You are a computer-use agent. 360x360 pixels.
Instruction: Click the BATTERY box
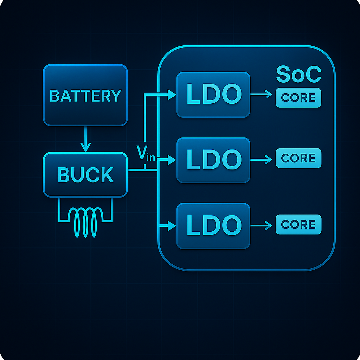(x=85, y=95)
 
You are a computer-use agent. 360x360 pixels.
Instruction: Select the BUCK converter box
(x=85, y=174)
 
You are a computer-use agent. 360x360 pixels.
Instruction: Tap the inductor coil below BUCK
(x=85, y=221)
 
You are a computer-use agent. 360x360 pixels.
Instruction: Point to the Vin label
(x=145, y=153)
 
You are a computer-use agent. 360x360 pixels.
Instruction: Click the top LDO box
(x=213, y=95)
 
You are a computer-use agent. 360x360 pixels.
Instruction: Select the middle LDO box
(x=213, y=160)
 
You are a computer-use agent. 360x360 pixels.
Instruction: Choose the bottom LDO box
(x=213, y=226)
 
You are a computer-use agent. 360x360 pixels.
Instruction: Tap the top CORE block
(x=298, y=97)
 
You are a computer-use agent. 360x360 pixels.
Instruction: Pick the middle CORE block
(x=298, y=158)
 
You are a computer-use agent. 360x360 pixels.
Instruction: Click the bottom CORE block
(x=298, y=224)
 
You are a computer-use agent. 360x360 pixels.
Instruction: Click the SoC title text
(x=298, y=74)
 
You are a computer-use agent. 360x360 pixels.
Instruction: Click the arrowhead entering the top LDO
(x=172, y=95)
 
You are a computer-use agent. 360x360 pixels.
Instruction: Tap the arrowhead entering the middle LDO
(x=172, y=160)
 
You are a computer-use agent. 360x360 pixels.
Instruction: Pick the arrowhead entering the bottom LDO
(x=172, y=226)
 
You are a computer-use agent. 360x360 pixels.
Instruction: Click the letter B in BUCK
(x=63, y=175)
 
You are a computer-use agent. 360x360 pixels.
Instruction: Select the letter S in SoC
(x=284, y=75)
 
